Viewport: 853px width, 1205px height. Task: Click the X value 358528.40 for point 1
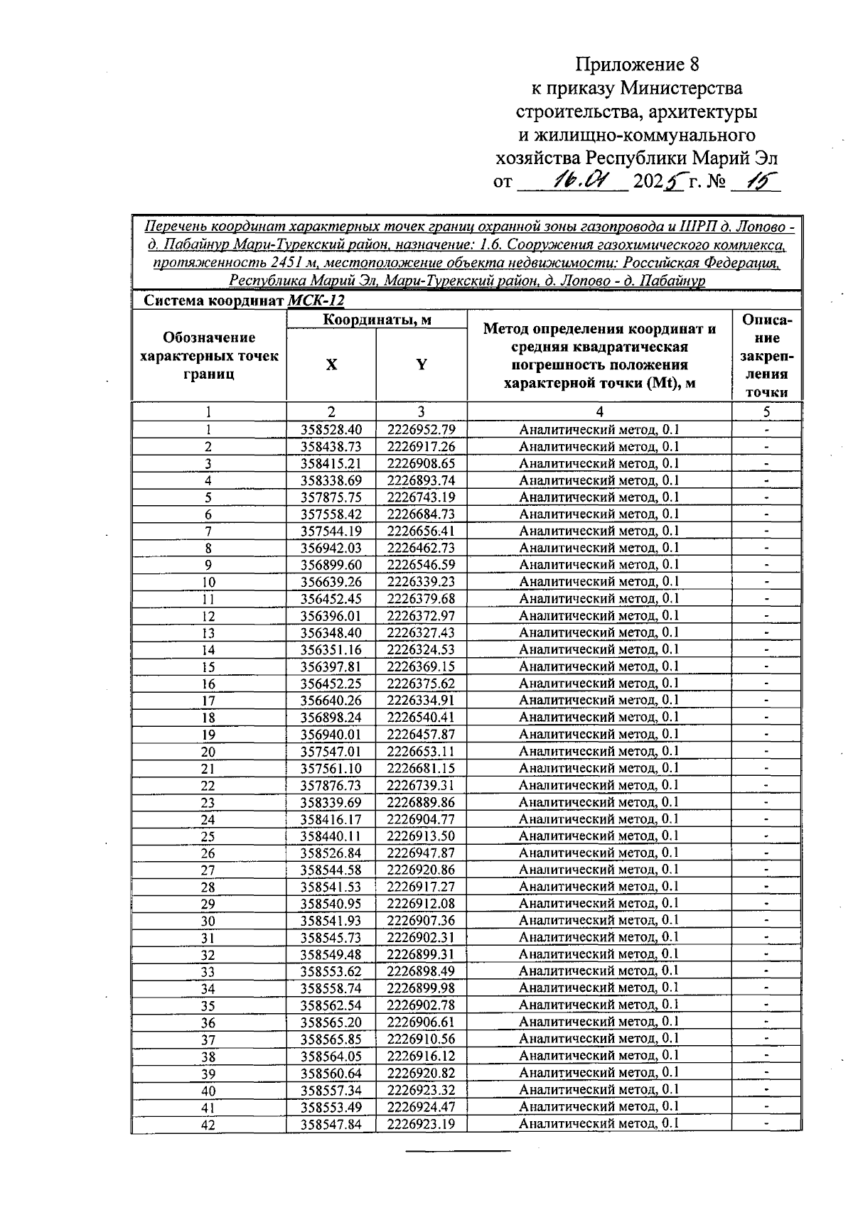[x=331, y=429]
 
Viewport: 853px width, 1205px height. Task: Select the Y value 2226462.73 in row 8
[x=421, y=548]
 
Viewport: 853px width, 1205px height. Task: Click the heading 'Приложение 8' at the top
[x=637, y=65]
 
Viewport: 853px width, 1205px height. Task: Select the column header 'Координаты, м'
[x=377, y=320]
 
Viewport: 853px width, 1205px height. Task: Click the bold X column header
[x=331, y=365]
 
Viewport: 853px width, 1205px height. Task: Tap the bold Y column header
[x=422, y=365]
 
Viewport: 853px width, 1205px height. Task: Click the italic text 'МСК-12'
[x=316, y=301]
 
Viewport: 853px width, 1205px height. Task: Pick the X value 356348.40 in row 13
[x=331, y=632]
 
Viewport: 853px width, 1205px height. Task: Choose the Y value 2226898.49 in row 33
[x=421, y=971]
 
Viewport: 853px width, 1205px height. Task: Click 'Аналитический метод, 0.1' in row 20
[x=599, y=751]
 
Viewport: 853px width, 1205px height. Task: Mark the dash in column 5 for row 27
[x=766, y=870]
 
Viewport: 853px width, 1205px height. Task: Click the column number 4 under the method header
[x=599, y=411]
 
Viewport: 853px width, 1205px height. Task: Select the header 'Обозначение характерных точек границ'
[x=209, y=355]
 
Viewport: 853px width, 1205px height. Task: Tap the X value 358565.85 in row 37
[x=331, y=1039]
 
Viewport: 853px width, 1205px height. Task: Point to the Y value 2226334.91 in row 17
[x=421, y=701]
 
